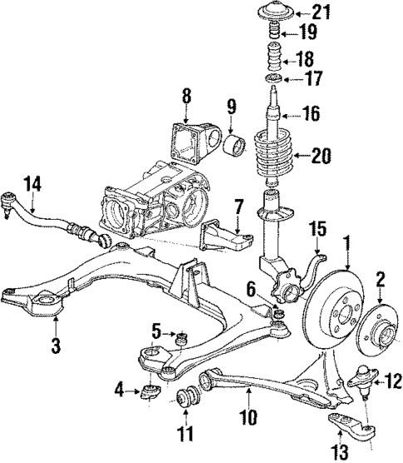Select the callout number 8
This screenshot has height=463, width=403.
187,97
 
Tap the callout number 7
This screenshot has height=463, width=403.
238,204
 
